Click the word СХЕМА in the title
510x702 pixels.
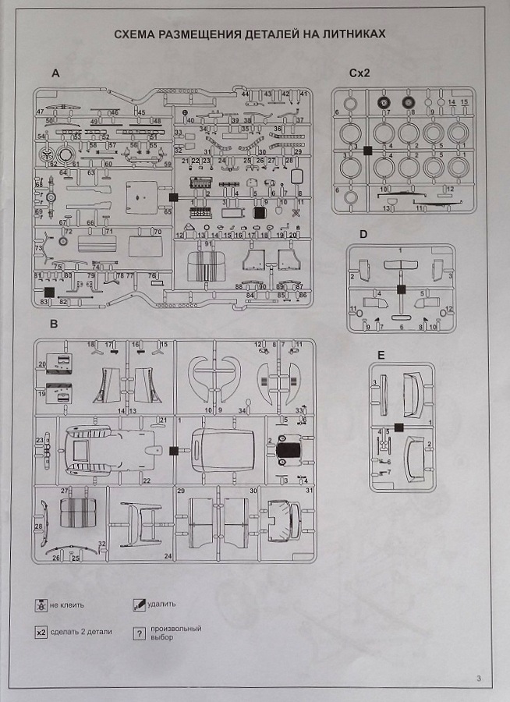click(x=137, y=35)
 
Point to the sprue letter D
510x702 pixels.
click(x=363, y=234)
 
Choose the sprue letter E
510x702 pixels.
click(x=380, y=354)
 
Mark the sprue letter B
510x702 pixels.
click(x=54, y=324)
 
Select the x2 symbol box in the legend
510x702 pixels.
click(x=41, y=632)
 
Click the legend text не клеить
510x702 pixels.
click(x=66, y=605)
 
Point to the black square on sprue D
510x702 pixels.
click(x=401, y=289)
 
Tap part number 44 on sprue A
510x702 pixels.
click(x=245, y=94)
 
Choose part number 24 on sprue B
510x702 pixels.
click(x=168, y=556)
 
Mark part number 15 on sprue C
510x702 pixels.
click(x=465, y=103)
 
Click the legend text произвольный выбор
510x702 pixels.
click(x=170, y=633)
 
